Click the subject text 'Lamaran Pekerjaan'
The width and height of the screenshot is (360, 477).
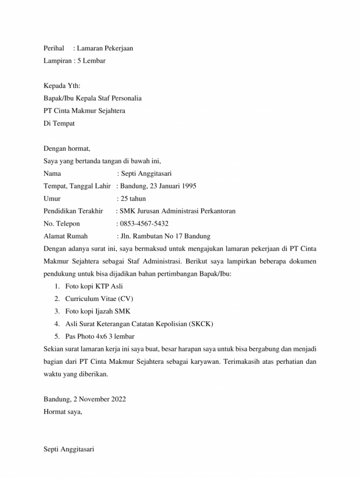105,48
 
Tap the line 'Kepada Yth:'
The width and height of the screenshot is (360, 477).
61,86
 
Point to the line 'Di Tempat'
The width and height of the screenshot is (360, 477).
59,123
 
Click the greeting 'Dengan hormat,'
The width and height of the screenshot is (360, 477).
67,149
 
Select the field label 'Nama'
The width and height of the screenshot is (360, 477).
52,174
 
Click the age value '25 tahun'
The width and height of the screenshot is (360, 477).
133,198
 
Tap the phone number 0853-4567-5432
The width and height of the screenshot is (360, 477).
144,224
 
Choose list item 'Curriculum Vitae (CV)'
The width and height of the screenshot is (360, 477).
95,298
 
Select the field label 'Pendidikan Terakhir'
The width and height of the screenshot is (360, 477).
73,211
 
